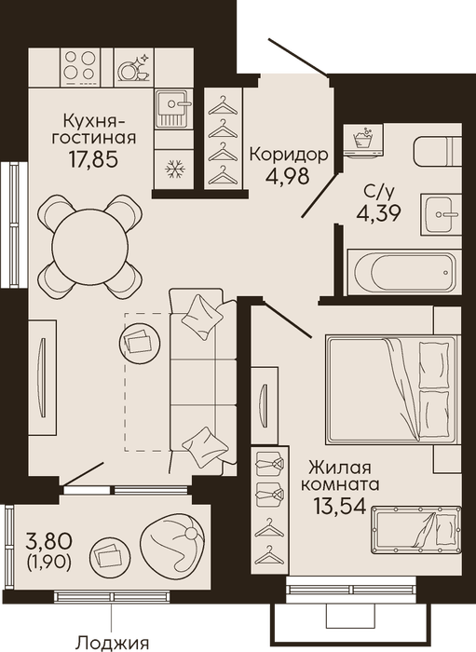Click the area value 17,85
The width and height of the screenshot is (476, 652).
[x=94, y=159]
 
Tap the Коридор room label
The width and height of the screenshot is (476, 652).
[x=289, y=155]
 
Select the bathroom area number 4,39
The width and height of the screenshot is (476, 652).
[x=378, y=213]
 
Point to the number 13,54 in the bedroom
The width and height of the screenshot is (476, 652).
[x=340, y=506]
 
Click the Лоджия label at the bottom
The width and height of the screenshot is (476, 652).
[x=113, y=643]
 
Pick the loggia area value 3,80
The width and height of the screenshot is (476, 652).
[x=49, y=541]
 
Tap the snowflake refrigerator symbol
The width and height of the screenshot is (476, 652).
[x=173, y=169]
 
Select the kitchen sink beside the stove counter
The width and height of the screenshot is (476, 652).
[x=174, y=109]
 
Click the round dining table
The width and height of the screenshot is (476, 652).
[x=89, y=245]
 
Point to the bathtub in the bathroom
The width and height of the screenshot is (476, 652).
[x=404, y=272]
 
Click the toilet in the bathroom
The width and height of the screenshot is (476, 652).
[x=437, y=146]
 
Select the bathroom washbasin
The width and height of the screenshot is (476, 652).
[x=442, y=214]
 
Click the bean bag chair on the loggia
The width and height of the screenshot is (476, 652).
[x=171, y=539]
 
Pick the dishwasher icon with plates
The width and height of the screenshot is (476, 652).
[x=134, y=66]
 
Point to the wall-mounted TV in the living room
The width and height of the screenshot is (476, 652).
[x=41, y=377]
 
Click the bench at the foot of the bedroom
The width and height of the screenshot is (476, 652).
[x=416, y=530]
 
